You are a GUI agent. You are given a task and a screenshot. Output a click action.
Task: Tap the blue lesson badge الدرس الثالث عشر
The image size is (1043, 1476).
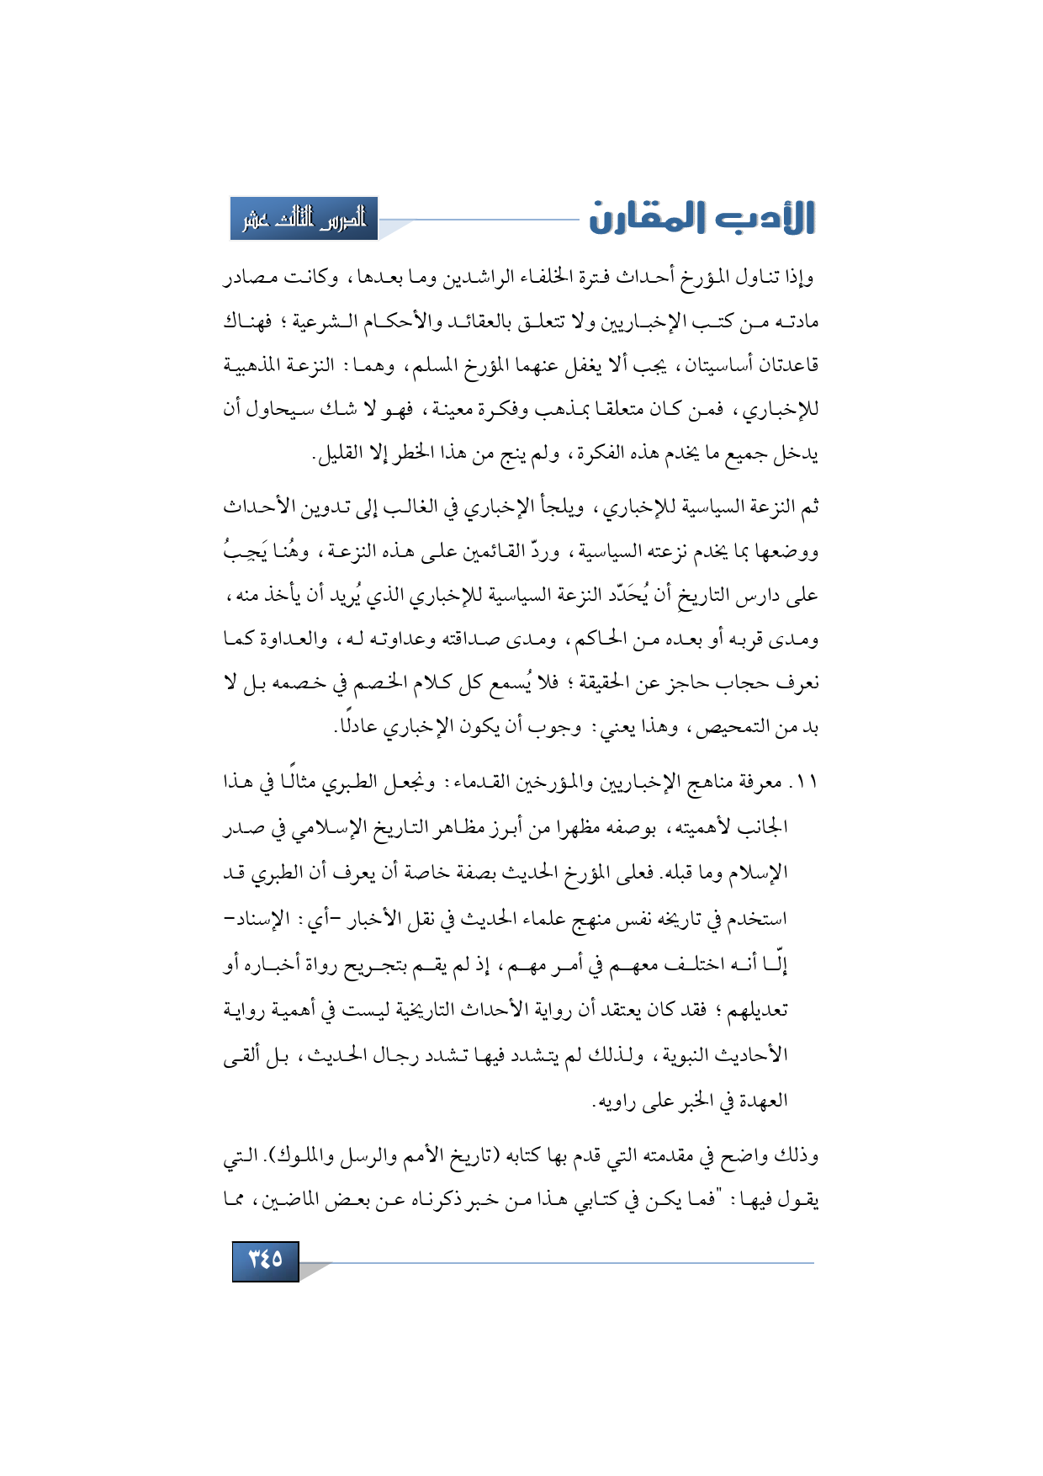[x=304, y=219]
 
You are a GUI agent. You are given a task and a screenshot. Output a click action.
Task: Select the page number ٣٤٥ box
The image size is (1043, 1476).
[x=265, y=1260]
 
